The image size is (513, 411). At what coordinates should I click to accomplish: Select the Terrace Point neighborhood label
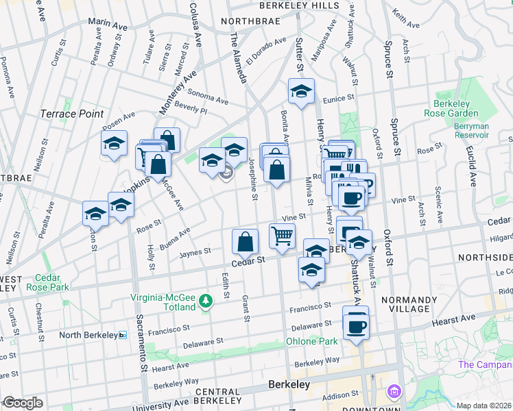72,114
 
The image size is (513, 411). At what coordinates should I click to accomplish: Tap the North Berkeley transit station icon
123,335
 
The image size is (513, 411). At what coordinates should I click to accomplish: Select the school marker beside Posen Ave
115,142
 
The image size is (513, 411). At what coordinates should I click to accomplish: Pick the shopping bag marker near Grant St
246,241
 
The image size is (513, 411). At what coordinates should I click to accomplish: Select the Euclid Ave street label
471,168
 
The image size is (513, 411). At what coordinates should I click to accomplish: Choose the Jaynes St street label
195,253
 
